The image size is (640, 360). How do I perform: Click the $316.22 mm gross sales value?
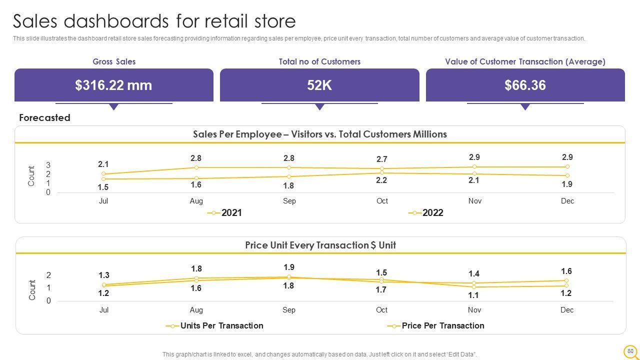[x=113, y=85]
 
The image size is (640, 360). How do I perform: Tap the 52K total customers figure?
[x=319, y=85]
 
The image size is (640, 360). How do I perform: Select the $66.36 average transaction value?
[x=525, y=85]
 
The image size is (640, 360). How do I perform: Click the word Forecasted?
[x=44, y=118]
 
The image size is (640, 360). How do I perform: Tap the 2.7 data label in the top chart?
[x=382, y=159]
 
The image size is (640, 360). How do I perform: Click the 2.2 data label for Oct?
[x=381, y=180]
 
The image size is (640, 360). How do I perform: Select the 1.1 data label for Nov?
[x=473, y=295]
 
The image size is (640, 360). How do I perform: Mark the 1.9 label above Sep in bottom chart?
[x=289, y=267]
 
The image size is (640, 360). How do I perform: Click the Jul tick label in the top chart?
[x=103, y=201]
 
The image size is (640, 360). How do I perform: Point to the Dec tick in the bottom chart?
[x=567, y=310]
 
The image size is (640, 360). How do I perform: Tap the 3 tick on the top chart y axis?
[x=48, y=165]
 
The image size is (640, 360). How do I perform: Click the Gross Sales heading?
[x=114, y=61]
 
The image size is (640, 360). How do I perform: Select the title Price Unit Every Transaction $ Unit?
[x=320, y=245]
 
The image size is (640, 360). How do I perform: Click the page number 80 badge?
[x=630, y=351]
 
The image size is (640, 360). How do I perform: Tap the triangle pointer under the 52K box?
[x=320, y=106]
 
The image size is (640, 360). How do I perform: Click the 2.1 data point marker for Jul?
[x=103, y=174]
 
